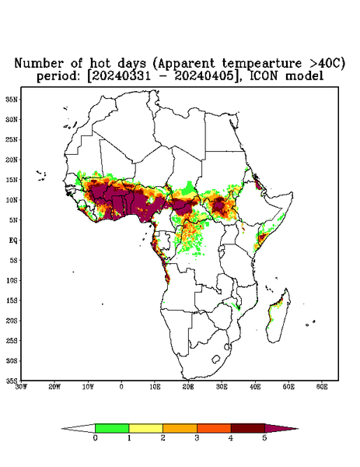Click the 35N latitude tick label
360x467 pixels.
click(x=12, y=100)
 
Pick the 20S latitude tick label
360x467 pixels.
click(x=12, y=321)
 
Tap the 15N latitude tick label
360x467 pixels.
click(x=12, y=180)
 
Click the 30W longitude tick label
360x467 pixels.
click(x=21, y=387)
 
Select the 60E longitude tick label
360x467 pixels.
click(x=322, y=387)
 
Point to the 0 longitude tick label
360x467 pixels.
click(x=121, y=387)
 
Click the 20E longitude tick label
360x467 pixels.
click(x=188, y=387)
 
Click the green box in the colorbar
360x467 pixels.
click(x=112, y=428)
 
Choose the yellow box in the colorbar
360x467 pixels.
click(x=145, y=428)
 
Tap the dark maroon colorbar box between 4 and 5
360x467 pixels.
click(x=248, y=428)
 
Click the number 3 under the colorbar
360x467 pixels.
click(x=197, y=438)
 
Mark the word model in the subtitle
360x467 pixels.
click(x=304, y=76)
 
